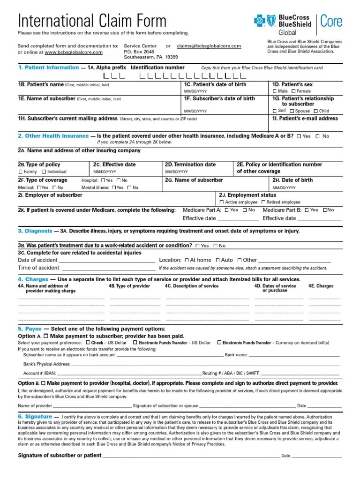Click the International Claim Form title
click(x=92, y=20)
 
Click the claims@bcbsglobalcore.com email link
click(x=209, y=46)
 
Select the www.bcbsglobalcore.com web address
click(x=74, y=52)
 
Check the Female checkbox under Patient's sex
click(x=293, y=91)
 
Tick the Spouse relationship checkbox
click(x=292, y=111)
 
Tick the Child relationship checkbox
click(x=315, y=111)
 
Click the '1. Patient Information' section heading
click(x=48, y=67)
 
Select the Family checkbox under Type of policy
click(x=20, y=172)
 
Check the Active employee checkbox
click(x=222, y=202)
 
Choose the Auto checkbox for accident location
click(x=217, y=260)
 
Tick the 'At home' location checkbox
click(x=187, y=260)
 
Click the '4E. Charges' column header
click(x=321, y=285)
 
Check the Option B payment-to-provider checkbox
click(x=44, y=383)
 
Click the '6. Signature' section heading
click(x=35, y=416)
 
